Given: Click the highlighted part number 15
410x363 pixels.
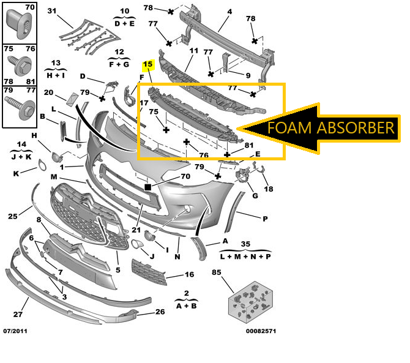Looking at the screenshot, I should click(147, 64).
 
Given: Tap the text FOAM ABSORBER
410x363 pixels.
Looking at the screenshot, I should click(330, 128).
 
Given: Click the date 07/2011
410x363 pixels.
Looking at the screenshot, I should click(15, 331).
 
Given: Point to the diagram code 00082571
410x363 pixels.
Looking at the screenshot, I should click(260, 331).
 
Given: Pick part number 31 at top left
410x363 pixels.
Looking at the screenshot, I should click(51, 11).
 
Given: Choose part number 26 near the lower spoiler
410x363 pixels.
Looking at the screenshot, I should click(160, 312).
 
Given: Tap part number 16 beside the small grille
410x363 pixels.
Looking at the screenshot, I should click(189, 275).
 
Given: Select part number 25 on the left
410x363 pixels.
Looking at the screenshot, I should click(12, 215).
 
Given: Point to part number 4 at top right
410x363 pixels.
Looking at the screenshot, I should click(229, 11).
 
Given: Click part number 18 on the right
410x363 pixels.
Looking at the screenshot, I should click(269, 190).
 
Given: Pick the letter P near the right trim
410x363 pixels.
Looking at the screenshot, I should click(266, 219).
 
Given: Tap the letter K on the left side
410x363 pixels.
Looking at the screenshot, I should click(16, 174).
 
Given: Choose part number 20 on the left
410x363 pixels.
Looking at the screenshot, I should click(48, 93).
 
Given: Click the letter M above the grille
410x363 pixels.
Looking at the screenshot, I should click(54, 177).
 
